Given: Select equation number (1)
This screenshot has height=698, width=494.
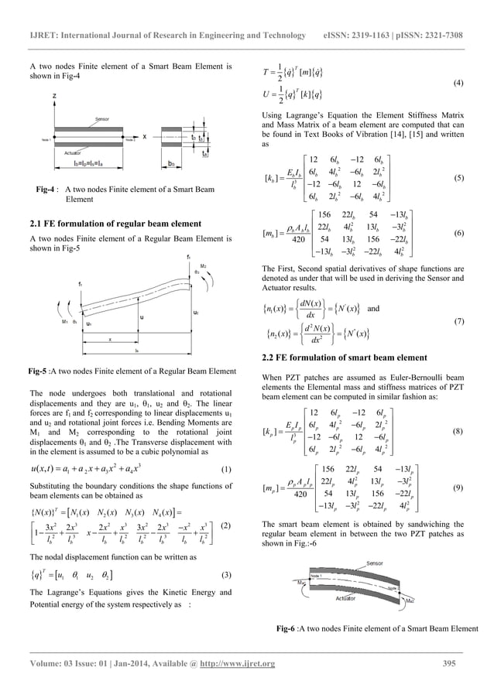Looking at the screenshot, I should (225, 469).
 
